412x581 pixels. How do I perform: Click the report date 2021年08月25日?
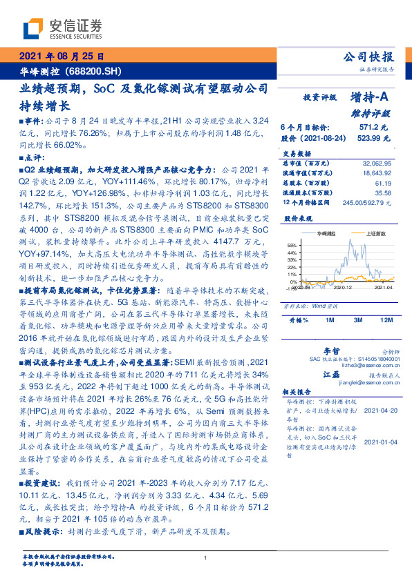(x=61, y=57)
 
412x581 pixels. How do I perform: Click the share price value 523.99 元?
(x=375, y=138)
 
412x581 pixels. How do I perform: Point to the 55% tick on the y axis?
(x=292, y=245)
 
